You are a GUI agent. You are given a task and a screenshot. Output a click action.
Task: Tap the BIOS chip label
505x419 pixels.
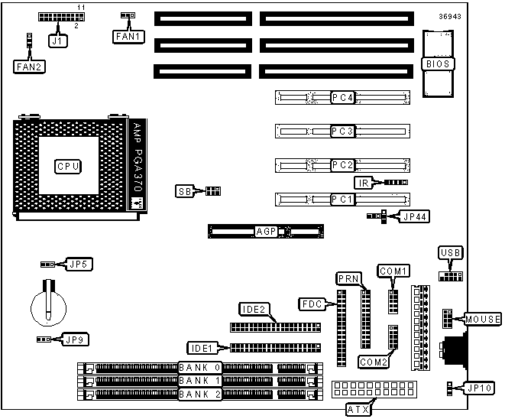(438, 64)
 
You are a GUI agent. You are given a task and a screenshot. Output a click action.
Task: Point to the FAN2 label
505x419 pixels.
(29, 67)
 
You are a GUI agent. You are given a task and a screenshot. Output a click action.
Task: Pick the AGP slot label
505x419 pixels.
(265, 230)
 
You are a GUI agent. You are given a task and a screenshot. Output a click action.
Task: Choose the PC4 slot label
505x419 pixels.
(342, 98)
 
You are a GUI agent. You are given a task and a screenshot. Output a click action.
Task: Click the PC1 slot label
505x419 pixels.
(342, 200)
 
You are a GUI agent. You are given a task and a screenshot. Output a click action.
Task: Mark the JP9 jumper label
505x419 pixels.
(75, 339)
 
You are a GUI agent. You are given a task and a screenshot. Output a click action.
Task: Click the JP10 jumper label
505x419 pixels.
(479, 388)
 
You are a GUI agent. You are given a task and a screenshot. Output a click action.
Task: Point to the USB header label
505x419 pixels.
(451, 253)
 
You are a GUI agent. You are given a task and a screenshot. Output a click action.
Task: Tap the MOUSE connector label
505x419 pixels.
(480, 319)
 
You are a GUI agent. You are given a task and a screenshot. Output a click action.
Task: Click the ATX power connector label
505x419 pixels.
(358, 410)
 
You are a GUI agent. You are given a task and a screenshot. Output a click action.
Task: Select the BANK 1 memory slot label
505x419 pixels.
(201, 381)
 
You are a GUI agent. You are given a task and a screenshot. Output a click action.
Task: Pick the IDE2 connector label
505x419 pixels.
(253, 310)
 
